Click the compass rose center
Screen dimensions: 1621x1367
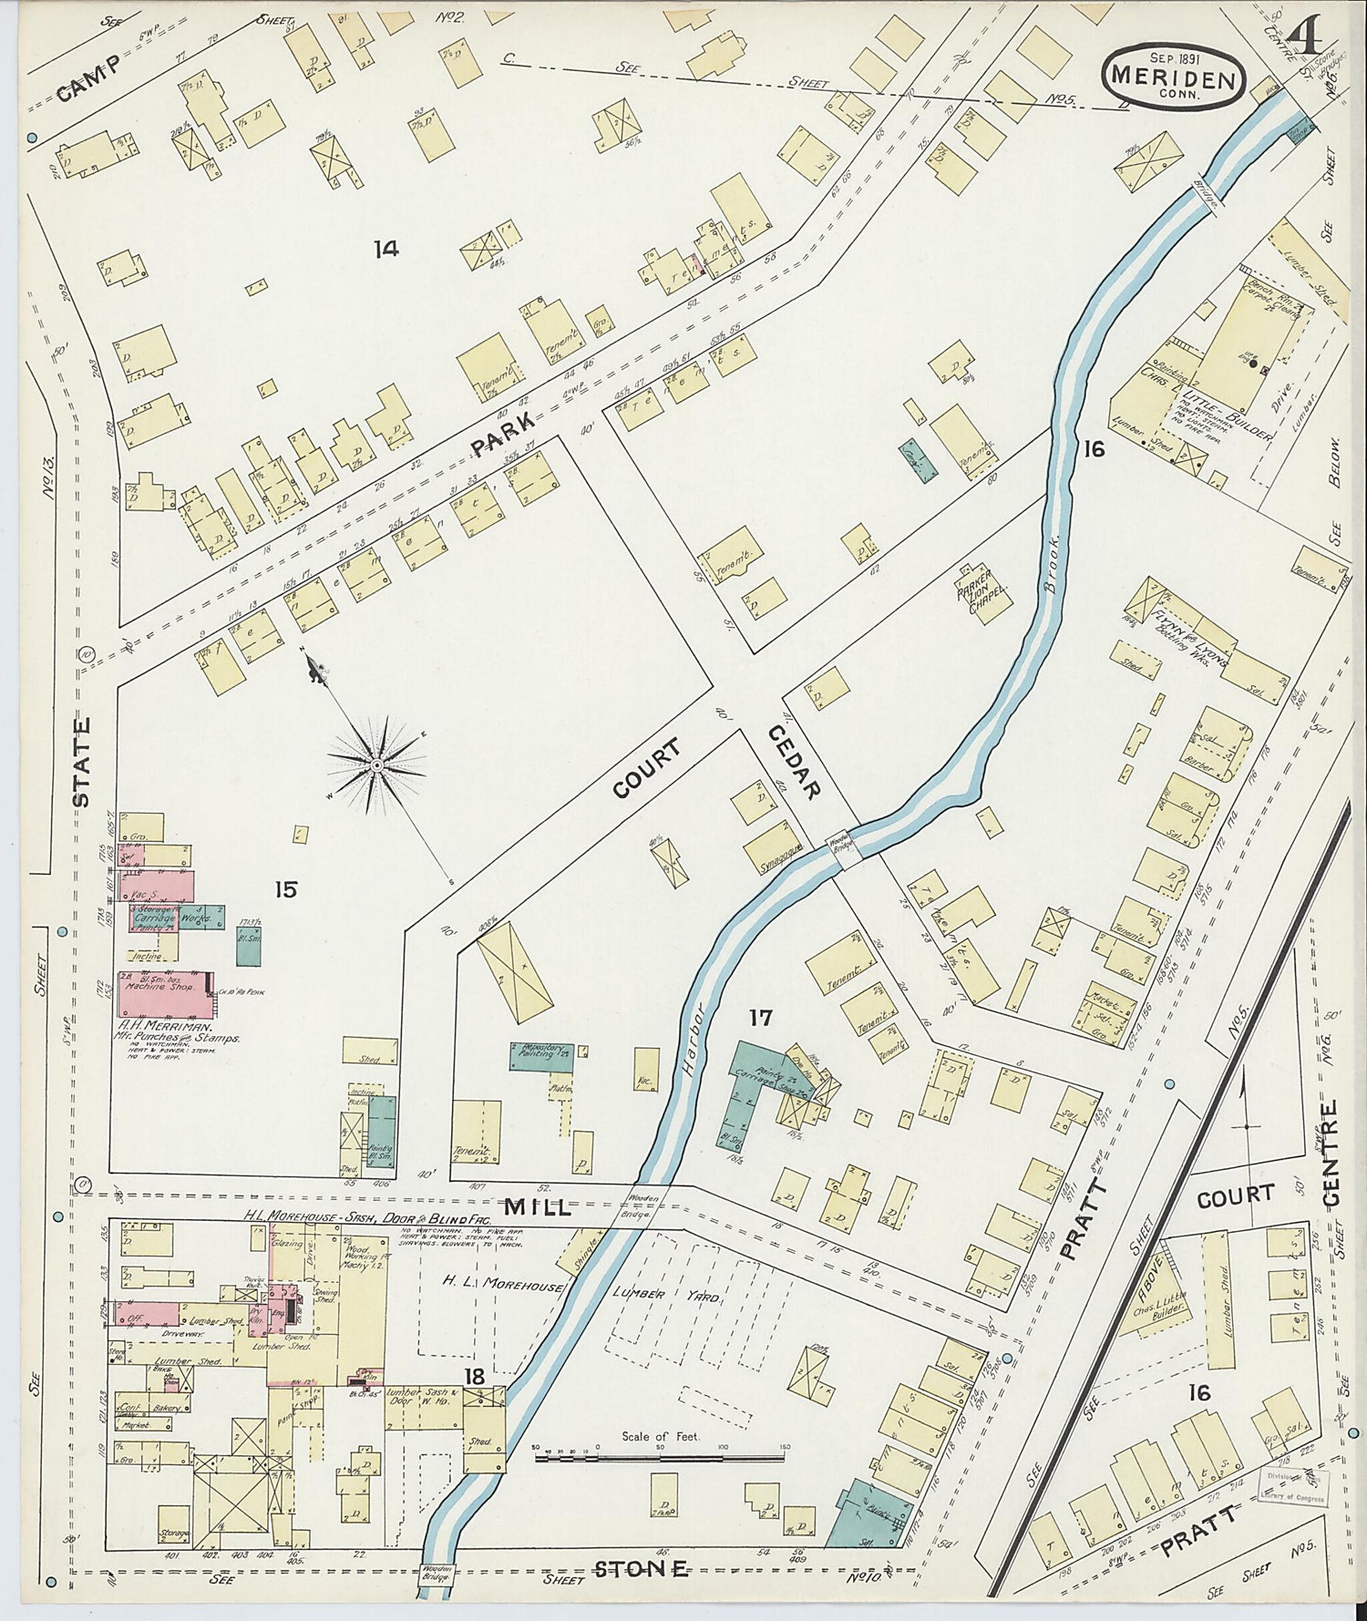[375, 764]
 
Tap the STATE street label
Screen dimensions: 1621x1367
[82, 762]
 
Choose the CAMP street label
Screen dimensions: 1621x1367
[87, 78]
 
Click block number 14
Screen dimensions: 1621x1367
[385, 248]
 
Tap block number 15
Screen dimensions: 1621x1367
[286, 889]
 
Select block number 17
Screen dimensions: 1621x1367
[761, 1017]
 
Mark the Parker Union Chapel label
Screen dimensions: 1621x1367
[982, 591]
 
